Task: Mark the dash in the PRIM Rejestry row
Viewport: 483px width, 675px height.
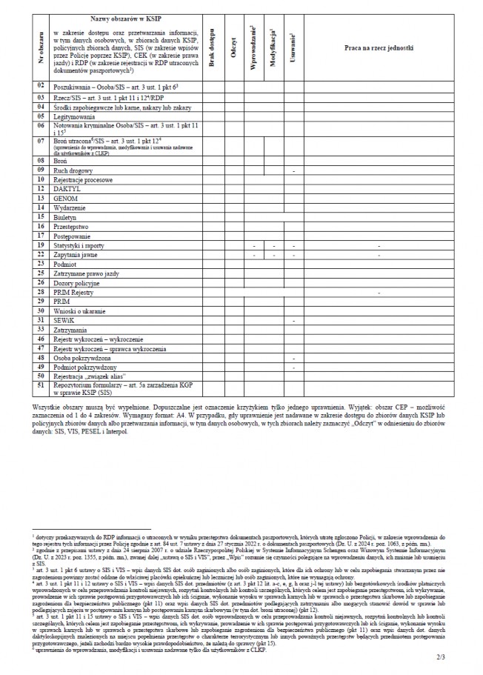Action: [x=379, y=292]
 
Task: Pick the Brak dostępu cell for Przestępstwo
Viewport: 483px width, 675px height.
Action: [x=213, y=227]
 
